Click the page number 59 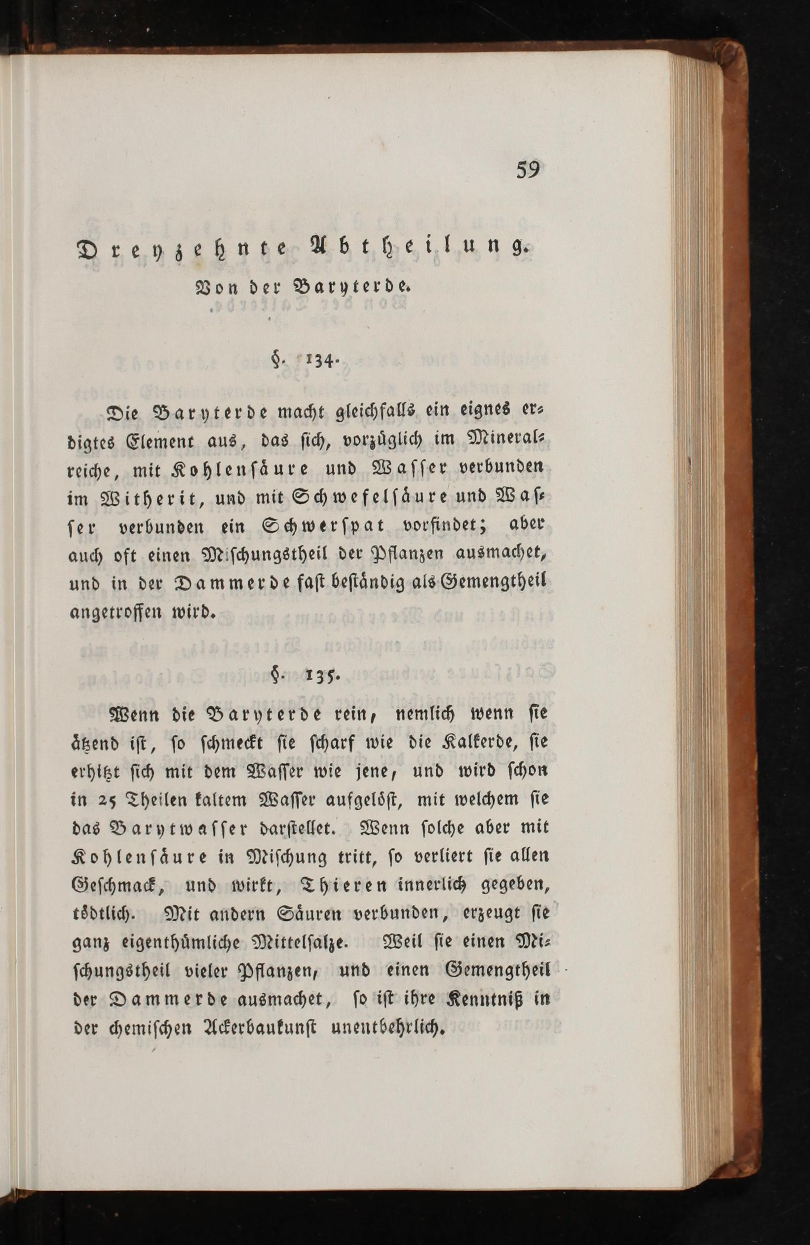(x=530, y=170)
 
